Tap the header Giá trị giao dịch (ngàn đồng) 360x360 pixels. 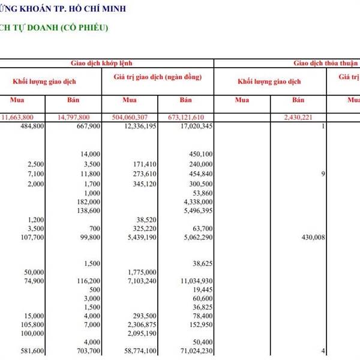point(157,77)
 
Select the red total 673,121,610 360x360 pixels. point(187,117)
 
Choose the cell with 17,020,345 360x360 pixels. point(193,127)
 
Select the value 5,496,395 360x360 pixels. point(196,211)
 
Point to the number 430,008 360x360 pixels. point(311,238)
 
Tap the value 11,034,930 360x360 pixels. point(193,281)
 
